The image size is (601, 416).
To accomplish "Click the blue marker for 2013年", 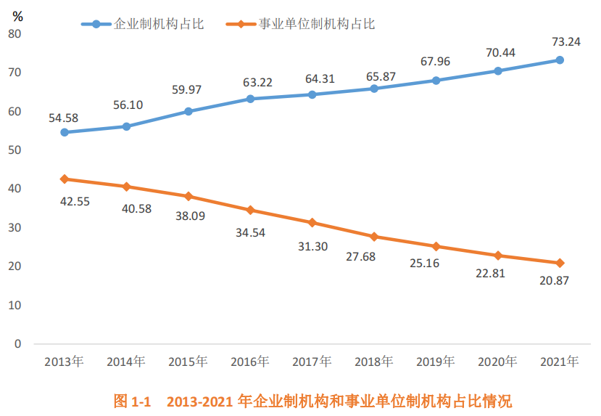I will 65,132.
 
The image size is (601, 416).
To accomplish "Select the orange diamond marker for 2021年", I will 560,263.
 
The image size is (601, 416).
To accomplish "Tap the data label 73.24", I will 563,42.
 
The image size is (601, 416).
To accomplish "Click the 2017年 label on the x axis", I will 312,361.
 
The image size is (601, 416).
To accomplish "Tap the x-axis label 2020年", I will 497,361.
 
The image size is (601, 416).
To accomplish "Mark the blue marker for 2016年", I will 250,99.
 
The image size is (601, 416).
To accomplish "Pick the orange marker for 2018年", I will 374,237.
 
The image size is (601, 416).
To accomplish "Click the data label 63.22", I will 257,82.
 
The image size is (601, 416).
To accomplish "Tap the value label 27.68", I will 361,256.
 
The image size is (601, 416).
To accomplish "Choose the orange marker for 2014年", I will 126,187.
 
